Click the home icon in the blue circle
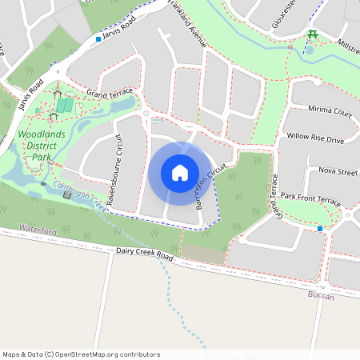pyautogui.click(x=180, y=173)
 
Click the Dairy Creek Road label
pyautogui.click(x=144, y=255)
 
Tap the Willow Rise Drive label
pyautogui.click(x=315, y=139)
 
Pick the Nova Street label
pyautogui.click(x=338, y=170)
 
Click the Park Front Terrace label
pyautogui.click(x=311, y=196)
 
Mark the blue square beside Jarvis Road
pyautogui.click(x=98, y=38)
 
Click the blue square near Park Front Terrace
pyautogui.click(x=320, y=229)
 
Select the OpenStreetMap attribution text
pyautogui.click(x=81, y=354)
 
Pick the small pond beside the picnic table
pyautogui.click(x=310, y=50)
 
